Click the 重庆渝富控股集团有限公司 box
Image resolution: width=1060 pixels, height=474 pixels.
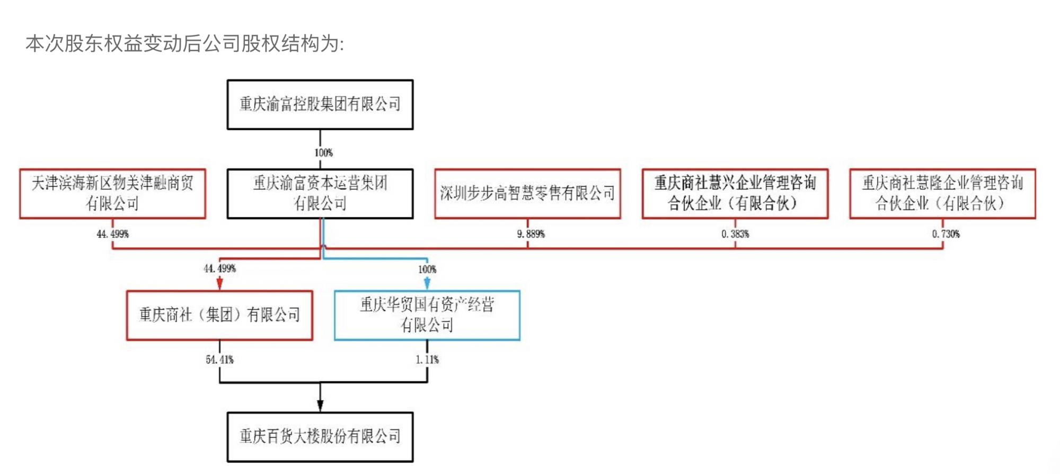320,104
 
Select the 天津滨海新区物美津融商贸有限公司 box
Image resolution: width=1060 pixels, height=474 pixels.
112,193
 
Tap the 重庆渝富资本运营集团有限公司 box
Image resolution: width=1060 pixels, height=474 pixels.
320,193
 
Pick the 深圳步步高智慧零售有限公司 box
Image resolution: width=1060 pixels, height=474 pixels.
527,193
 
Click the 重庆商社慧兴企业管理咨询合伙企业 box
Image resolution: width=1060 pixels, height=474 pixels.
735,193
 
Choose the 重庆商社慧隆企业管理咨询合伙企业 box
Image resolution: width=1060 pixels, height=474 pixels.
942,193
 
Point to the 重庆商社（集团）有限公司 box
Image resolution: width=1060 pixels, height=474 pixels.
219,315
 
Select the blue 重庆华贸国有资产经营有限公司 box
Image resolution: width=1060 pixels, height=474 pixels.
427,315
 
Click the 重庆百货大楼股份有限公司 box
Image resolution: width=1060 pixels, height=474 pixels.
320,437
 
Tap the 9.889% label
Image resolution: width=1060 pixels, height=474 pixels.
531,234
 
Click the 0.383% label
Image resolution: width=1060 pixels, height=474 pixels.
735,234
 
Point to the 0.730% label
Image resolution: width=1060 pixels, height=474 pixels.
946,234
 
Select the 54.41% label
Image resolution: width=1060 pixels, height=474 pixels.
219,360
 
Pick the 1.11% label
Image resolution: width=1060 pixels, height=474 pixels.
427,360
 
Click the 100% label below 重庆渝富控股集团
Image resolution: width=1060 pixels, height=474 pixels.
323,153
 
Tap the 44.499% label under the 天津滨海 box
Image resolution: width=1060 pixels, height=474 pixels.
112,234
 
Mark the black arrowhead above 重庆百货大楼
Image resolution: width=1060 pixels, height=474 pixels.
320,405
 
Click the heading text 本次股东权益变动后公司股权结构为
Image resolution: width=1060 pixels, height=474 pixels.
184,44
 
